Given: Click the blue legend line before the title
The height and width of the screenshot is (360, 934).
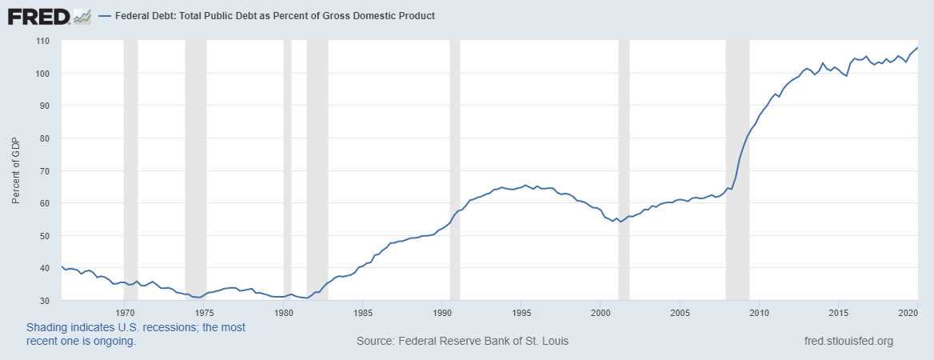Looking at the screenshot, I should [104, 16].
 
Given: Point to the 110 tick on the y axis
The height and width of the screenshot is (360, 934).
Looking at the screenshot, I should [43, 41].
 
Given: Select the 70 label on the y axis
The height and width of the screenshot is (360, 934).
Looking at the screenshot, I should [44, 171].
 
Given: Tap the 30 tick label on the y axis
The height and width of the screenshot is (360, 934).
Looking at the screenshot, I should [44, 301].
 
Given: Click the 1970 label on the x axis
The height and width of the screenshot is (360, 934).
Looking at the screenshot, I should [125, 312].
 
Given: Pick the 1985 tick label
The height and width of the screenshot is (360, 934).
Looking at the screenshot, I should [363, 312].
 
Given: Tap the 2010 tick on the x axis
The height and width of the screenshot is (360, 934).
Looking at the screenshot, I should [759, 312].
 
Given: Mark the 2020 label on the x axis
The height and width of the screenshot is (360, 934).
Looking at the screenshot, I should [908, 312].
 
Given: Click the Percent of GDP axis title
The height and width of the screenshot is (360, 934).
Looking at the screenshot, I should [16, 171].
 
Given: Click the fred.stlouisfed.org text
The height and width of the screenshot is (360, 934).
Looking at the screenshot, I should [848, 342].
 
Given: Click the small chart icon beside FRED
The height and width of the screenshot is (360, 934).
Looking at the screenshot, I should [82, 15].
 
